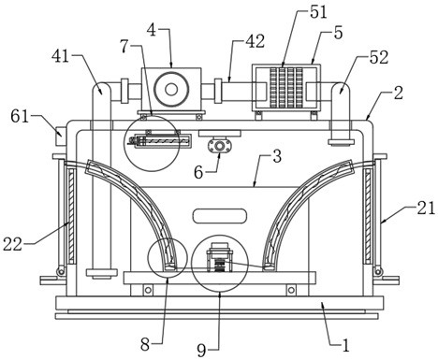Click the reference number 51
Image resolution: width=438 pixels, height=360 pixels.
pos(318,12)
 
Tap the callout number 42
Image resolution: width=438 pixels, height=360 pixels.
pos(255,41)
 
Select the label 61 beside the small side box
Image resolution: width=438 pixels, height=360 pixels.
pos(21,117)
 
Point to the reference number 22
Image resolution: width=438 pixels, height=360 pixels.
pos(13,244)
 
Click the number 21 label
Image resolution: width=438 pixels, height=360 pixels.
pos(426,208)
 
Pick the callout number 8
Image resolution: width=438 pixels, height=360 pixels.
pos(145,345)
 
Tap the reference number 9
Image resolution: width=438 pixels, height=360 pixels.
pos(201,351)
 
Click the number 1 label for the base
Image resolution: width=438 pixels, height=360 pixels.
pos(345,345)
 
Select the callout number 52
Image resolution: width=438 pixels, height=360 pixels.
pos(379,57)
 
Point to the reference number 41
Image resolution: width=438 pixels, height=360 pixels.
pos(61,56)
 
